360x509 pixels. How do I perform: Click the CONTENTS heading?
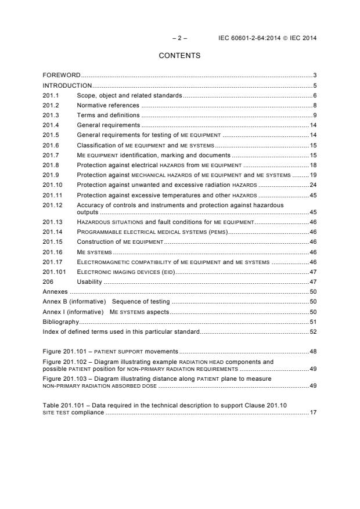[x=179, y=56]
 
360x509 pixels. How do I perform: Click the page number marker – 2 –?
[x=179, y=38]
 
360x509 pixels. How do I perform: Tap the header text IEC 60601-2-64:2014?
[x=250, y=38]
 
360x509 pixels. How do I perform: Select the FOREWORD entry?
[x=62, y=75]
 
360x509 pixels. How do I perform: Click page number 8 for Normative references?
[x=314, y=105]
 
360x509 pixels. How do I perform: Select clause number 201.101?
[x=54, y=271]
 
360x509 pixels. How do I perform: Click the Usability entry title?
[x=89, y=281]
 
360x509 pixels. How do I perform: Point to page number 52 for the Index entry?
[x=312, y=331]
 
